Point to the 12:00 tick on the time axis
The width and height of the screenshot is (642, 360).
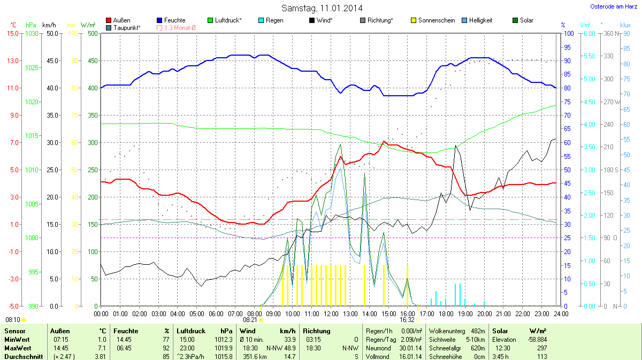click(x=331, y=313)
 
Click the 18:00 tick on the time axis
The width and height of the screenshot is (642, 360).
click(x=446, y=313)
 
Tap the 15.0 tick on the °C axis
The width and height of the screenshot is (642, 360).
click(x=12, y=33)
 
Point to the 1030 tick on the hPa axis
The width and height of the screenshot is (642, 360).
click(x=32, y=33)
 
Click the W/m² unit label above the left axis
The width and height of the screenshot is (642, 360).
click(x=88, y=25)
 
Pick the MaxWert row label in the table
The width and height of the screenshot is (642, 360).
click(x=18, y=348)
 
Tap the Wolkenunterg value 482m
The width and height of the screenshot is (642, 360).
click(x=478, y=332)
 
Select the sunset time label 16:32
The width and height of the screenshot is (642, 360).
click(x=407, y=320)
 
